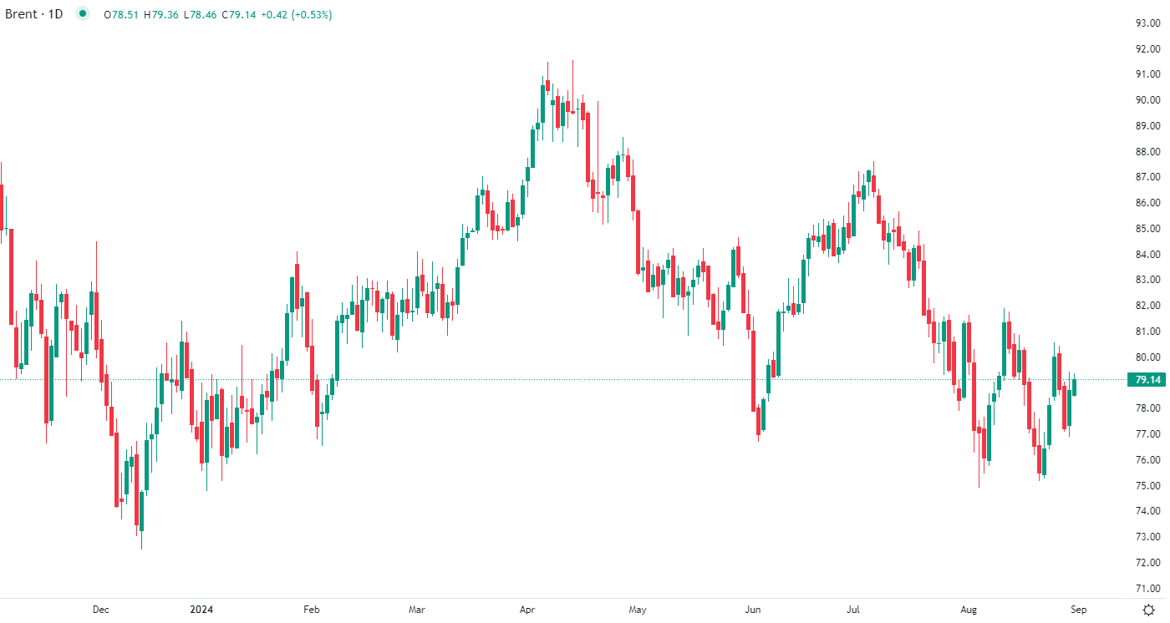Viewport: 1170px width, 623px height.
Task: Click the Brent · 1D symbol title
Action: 34,14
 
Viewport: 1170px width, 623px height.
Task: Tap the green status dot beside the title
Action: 81,13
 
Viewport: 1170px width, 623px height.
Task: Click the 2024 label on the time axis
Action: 201,610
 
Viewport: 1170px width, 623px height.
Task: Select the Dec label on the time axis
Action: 100,610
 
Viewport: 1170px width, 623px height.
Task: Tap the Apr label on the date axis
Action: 528,610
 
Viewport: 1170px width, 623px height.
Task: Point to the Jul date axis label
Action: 853,610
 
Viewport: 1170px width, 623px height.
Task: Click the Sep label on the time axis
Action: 1078,610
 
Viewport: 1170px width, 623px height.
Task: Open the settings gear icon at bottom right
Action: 1148,610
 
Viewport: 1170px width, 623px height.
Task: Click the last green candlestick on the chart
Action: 1074,387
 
